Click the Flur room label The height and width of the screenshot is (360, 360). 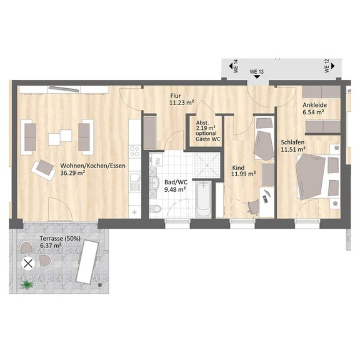point(176,96)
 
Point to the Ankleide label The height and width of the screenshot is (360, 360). point(314,105)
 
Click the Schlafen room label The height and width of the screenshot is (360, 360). point(292,142)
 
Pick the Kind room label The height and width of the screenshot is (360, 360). point(238,168)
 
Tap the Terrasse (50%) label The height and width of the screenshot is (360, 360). point(60,239)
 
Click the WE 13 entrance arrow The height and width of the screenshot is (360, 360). point(257,76)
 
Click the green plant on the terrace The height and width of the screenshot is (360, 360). point(27,285)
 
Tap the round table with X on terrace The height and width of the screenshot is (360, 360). point(28,264)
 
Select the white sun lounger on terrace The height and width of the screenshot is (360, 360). point(87,262)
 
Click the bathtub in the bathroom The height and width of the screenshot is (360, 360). point(203,199)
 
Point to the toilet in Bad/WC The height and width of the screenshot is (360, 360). point(155,209)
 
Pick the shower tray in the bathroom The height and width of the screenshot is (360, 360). point(207,165)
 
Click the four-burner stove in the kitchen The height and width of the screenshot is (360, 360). point(135,151)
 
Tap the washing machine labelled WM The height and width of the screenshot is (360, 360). point(156,159)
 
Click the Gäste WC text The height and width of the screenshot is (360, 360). point(207,139)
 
